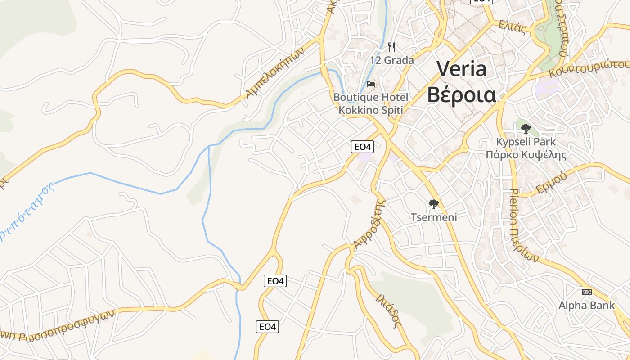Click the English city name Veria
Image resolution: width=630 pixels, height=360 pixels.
pos(462,69)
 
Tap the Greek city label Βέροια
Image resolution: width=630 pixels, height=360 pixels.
pos(462,95)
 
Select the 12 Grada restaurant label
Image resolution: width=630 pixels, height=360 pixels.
pos(391,60)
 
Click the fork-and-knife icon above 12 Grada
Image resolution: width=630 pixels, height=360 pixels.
pos(391,47)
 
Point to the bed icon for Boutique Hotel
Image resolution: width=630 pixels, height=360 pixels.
pos(371,84)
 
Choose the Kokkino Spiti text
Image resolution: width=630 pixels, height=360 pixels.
pos(371,110)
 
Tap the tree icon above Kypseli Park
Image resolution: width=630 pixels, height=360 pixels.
pos(526,129)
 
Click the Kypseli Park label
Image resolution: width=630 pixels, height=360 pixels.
pos(526,142)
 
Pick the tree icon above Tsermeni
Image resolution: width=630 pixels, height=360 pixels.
pos(434,204)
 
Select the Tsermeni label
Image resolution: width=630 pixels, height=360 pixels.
pos(434,217)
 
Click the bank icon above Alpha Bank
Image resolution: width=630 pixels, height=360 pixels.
pos(586,292)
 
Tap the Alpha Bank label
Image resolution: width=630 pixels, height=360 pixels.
pos(586,306)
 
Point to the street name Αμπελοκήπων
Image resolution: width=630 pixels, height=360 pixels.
pos(275,72)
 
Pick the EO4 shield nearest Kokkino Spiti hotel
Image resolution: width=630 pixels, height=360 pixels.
pos(362,147)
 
